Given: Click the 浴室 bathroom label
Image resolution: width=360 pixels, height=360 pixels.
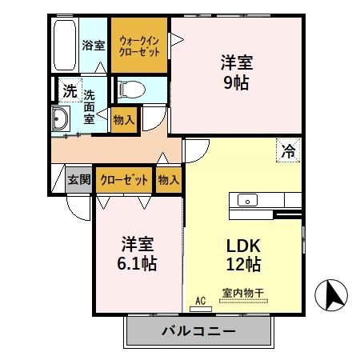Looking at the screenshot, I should [94, 45].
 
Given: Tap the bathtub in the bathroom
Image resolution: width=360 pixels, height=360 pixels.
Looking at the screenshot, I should [65, 45].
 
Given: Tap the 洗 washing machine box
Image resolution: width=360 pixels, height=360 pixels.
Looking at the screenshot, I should [70, 90].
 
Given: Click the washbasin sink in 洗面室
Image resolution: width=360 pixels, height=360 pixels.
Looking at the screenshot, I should [61, 121].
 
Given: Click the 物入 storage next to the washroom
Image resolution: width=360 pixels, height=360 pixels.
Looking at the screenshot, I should [124, 119].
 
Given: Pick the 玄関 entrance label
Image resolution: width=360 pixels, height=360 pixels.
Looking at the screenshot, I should [78, 179].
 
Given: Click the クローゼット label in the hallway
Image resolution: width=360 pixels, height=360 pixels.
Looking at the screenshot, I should [124, 179].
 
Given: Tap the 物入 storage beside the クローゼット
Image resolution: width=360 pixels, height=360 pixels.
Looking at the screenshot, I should [168, 179].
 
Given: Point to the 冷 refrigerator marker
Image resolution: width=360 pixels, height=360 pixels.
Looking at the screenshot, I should [286, 148].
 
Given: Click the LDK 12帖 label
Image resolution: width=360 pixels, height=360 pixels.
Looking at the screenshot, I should [241, 254].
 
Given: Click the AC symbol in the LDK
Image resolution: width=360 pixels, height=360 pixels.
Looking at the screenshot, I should [202, 301].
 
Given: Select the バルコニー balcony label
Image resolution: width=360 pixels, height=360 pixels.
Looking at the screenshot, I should [198, 331].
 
